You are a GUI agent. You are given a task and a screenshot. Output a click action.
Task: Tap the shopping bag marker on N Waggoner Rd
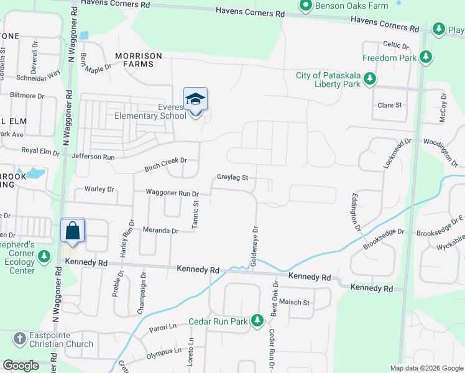[73, 231]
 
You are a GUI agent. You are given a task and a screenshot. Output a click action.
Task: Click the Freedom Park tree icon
[426, 58]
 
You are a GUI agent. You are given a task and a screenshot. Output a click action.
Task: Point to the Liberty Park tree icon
[370, 79]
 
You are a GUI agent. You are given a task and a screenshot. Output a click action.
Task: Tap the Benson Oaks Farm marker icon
[305, 6]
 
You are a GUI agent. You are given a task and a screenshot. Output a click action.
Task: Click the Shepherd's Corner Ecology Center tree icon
[44, 256]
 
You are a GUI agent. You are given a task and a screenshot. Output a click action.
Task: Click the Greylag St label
[233, 178]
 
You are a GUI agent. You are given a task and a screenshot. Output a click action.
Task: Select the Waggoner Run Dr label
[172, 193]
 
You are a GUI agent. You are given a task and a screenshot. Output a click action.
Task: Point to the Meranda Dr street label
[161, 230]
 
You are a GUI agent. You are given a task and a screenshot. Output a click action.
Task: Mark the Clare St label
[390, 105]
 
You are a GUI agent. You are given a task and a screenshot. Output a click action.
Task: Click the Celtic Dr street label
[395, 45]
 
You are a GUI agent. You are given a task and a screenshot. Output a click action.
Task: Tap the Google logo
[21, 366]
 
